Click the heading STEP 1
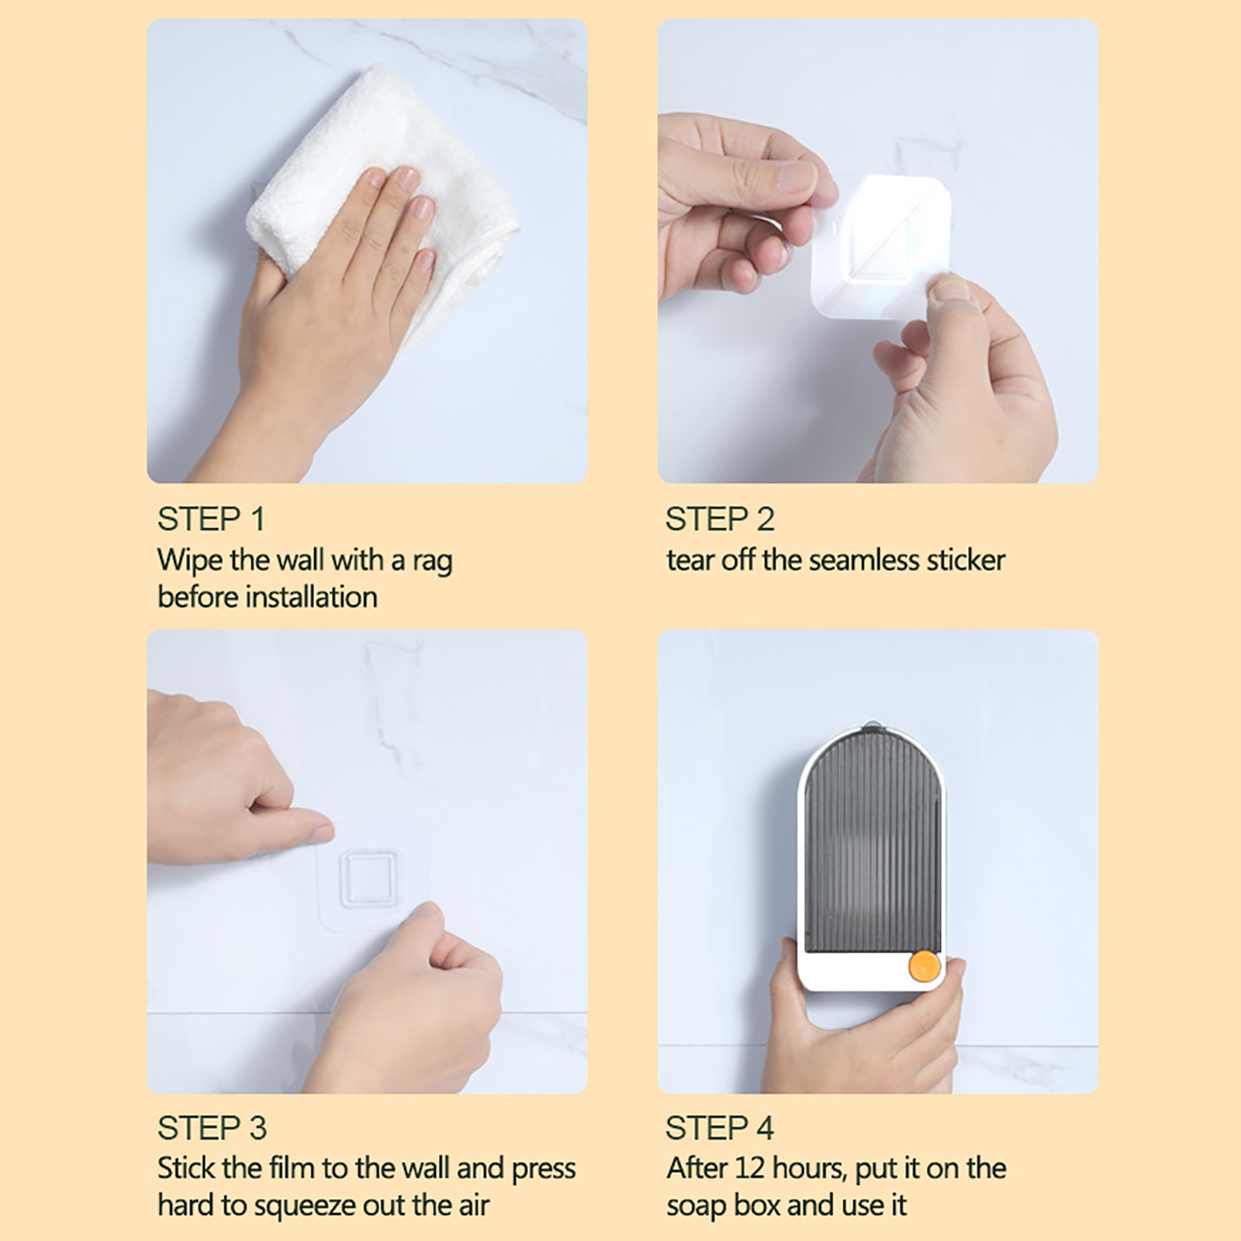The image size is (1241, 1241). pyautogui.click(x=211, y=519)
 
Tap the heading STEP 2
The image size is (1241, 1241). pyautogui.click(x=720, y=519)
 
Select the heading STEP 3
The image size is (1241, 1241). pyautogui.click(x=212, y=1128)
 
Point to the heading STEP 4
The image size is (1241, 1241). pyautogui.click(x=720, y=1128)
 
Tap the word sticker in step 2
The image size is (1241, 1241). pyautogui.click(x=966, y=560)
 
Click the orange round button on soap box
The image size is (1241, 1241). pyautogui.click(x=925, y=966)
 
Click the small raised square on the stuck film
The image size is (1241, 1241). pyautogui.click(x=368, y=877)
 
